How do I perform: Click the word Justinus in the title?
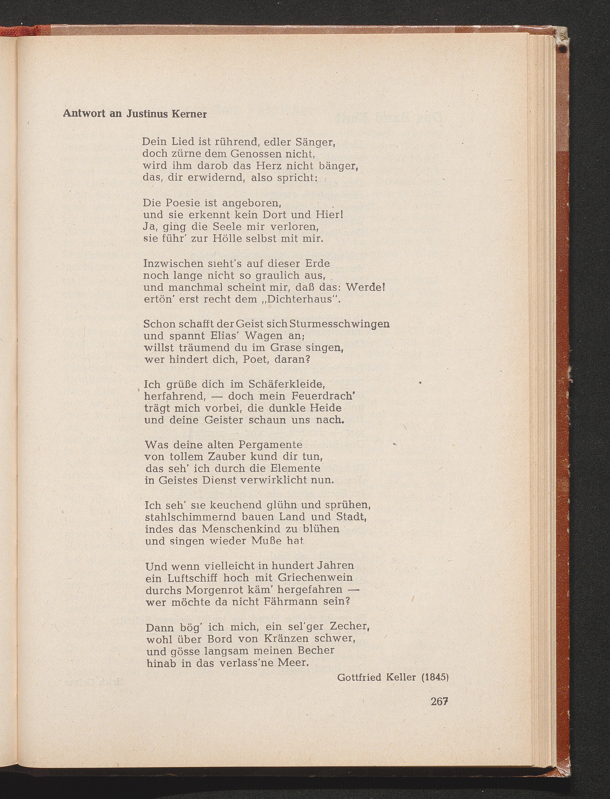(x=146, y=114)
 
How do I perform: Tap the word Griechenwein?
(x=315, y=577)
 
